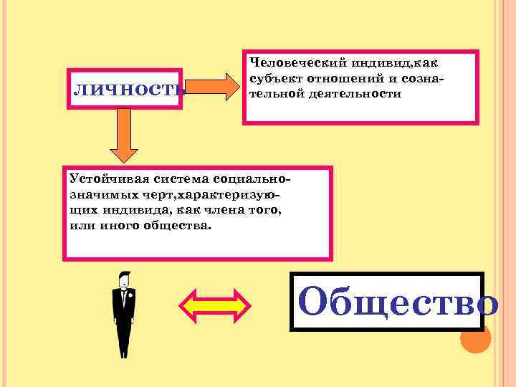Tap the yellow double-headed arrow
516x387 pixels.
pos(213,305)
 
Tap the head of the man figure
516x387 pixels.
pos(125,277)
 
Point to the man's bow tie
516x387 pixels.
pos(125,289)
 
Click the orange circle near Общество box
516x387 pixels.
pos(474,339)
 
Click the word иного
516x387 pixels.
pos(115,226)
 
